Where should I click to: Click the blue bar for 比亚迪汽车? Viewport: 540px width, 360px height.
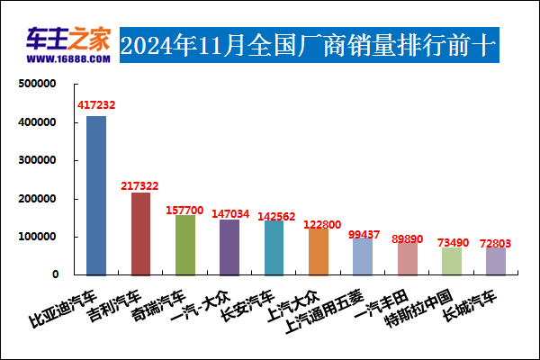(x=96, y=195)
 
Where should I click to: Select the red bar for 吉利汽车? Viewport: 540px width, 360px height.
(x=140, y=233)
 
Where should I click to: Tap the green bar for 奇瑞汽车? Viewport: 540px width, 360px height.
(x=184, y=245)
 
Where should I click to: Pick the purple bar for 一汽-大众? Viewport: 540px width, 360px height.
(x=229, y=247)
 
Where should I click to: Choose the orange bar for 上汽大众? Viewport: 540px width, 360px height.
(x=318, y=251)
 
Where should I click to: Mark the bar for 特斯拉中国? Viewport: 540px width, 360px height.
(x=451, y=261)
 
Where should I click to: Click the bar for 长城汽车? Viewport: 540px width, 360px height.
(x=496, y=261)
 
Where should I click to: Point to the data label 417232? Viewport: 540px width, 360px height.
(x=96, y=105)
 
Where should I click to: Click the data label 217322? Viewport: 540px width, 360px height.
(x=139, y=185)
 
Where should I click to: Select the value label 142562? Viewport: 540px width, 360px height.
(x=274, y=216)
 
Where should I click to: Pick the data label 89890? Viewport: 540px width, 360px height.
(x=407, y=238)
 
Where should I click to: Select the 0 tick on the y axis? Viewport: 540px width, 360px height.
(x=55, y=274)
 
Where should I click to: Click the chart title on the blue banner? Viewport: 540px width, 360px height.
(x=309, y=44)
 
